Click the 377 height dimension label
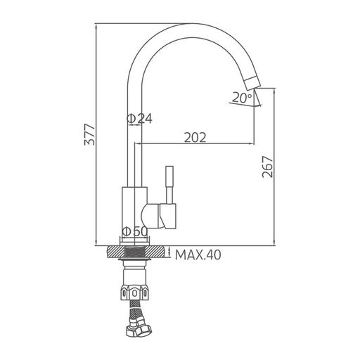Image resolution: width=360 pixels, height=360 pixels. point(89,134)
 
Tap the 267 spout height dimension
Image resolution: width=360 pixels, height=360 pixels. point(268,167)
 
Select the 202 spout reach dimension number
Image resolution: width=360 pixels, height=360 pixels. point(195,137)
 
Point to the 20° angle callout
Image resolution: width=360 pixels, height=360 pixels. point(243,98)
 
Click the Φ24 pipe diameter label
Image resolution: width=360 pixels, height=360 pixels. point(139,119)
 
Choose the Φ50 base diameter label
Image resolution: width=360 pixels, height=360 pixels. point(135,231)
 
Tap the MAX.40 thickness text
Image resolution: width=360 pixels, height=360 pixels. point(198,255)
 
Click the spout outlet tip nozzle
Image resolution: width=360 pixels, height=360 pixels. point(252,83)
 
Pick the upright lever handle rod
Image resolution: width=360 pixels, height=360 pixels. point(169,185)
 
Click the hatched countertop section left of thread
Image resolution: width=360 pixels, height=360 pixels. point(115,252)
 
